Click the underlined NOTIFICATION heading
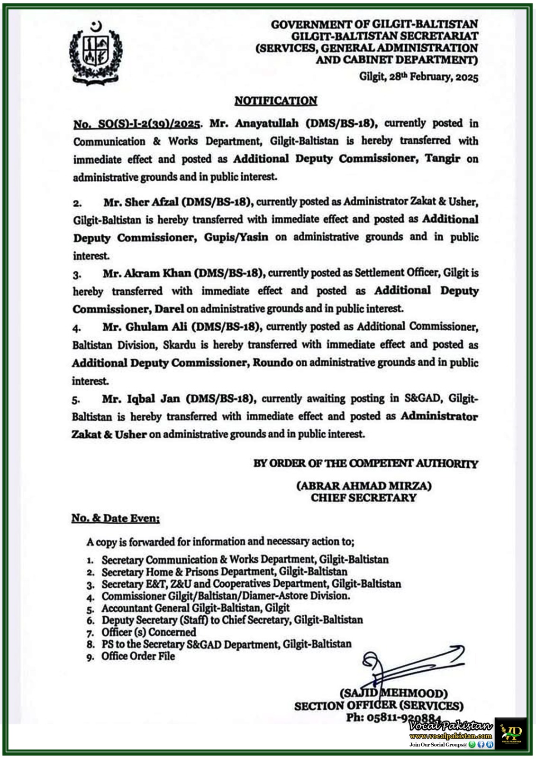[x=276, y=101]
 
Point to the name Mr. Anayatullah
[x=254, y=123]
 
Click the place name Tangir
[x=442, y=158]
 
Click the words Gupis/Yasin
[x=236, y=237]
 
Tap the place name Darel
[x=169, y=309]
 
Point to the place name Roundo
[x=273, y=363]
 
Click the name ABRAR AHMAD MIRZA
[x=363, y=486]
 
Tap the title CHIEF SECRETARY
[x=363, y=498]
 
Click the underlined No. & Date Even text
[x=115, y=518]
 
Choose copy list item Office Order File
[x=138, y=657]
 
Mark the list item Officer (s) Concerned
[x=148, y=632]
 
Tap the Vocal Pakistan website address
[x=450, y=736]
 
